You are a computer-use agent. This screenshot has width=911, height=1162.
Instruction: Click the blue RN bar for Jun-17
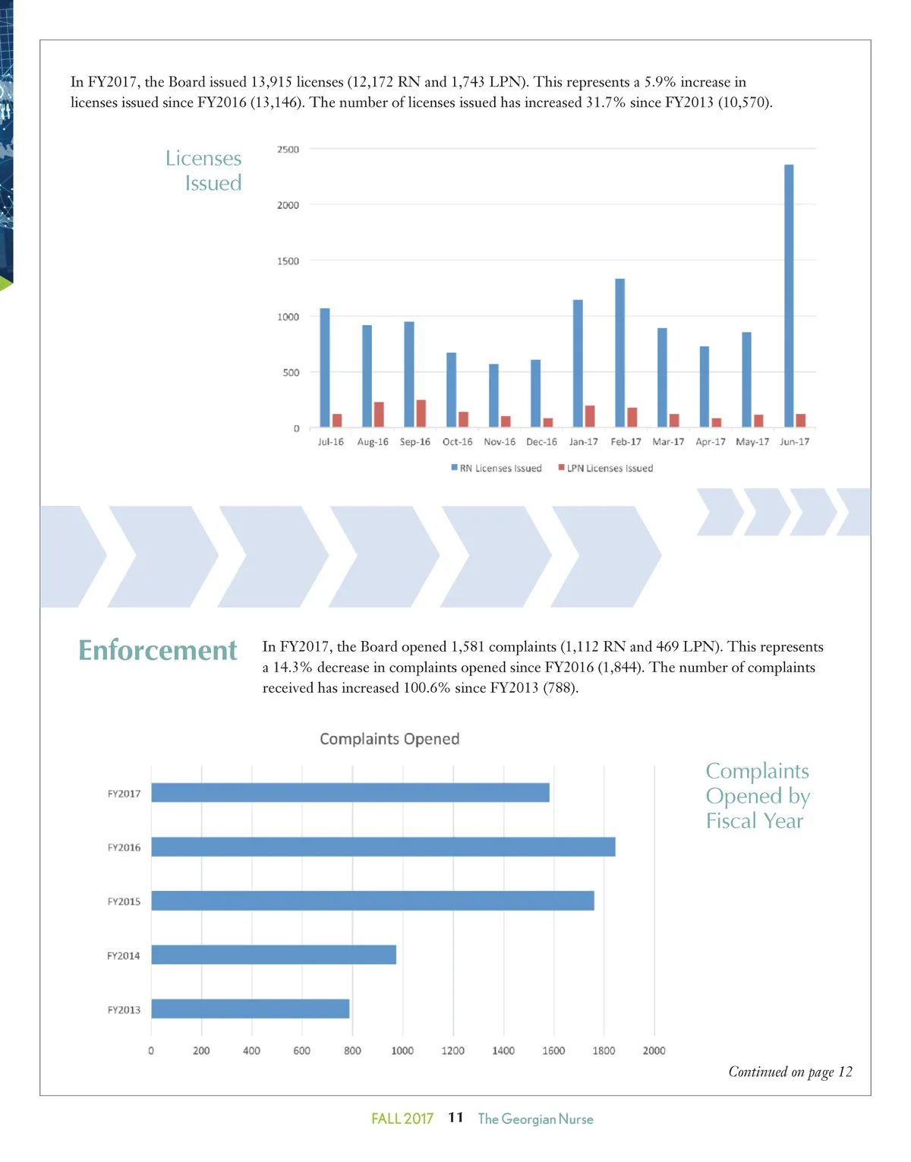point(789,295)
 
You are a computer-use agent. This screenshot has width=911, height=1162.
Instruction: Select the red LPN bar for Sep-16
point(421,413)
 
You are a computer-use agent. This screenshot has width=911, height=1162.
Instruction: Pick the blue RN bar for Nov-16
point(493,395)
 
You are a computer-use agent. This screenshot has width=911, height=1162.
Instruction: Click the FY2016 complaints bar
point(383,847)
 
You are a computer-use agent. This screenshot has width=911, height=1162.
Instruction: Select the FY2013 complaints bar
point(250,1009)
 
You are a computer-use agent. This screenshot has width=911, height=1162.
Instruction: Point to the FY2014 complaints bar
point(273,955)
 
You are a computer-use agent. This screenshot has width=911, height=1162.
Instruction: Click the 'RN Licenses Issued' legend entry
point(496,469)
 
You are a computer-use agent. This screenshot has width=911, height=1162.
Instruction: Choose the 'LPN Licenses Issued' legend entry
point(606,469)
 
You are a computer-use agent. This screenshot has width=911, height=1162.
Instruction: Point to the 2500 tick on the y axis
point(288,150)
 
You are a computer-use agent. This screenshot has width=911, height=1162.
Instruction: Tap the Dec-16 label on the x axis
point(541,442)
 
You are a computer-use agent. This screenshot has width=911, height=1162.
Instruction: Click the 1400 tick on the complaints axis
point(503,1051)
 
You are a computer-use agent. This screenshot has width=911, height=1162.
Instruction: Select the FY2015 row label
point(124,901)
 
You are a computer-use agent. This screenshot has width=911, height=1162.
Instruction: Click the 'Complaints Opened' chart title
point(389,739)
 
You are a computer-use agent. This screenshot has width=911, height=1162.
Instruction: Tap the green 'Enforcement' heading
point(158,650)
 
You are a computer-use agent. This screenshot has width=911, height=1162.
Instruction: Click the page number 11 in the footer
point(455,1117)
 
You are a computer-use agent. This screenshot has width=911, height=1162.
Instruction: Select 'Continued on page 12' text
point(790,1072)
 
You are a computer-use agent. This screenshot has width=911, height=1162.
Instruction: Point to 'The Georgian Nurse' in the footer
point(535,1119)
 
